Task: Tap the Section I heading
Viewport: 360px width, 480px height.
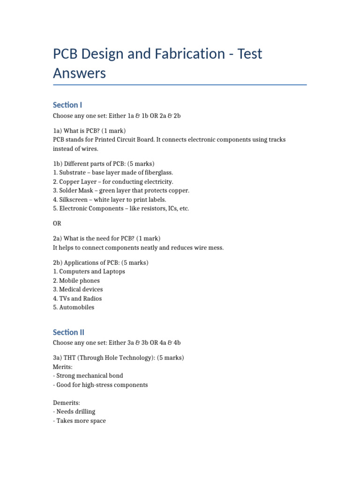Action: point(67,105)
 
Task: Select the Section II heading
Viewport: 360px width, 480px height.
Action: point(68,332)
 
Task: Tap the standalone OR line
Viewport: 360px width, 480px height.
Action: point(57,223)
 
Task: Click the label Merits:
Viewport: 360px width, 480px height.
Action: point(63,367)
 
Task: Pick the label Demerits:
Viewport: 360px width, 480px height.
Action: point(67,403)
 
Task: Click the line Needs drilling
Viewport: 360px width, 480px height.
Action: point(75,412)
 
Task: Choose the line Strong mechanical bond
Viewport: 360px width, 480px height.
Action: point(90,376)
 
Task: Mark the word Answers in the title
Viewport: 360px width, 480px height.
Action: point(80,74)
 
